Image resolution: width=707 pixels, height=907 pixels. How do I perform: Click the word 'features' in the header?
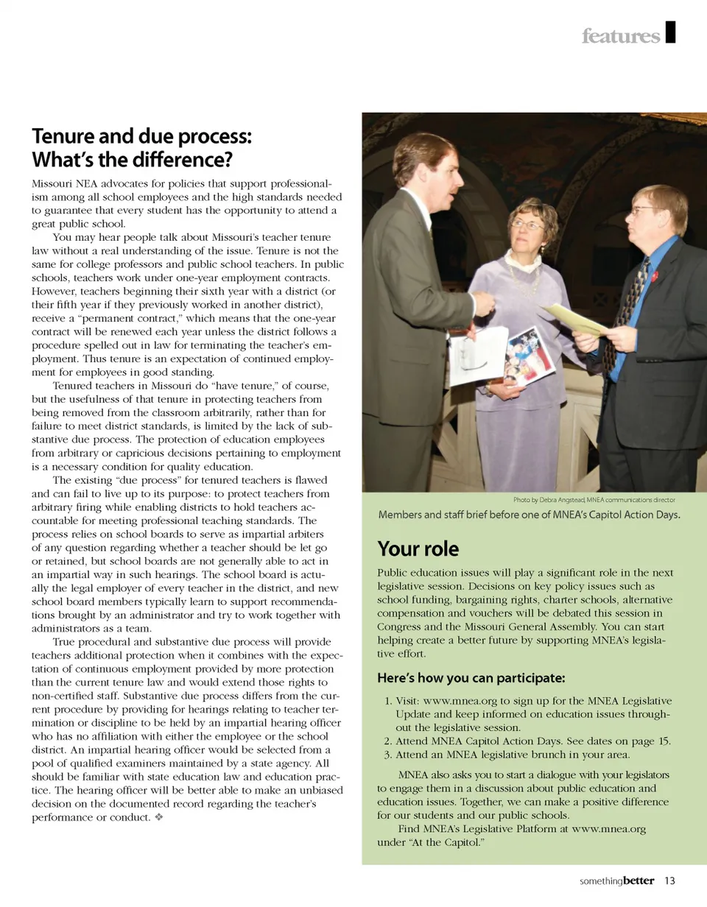620,36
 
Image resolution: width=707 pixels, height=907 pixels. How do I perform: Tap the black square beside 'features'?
670,32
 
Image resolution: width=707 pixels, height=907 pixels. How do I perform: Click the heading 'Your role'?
418,549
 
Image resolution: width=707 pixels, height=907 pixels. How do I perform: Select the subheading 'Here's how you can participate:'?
471,677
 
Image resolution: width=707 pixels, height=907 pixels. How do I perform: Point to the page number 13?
669,880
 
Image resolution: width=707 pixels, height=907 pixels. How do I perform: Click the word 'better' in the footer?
638,880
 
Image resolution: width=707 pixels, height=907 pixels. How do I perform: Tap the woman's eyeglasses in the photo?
527,225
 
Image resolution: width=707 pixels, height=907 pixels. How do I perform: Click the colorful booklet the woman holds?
529,355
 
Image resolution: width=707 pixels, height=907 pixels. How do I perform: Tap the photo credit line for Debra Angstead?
594,499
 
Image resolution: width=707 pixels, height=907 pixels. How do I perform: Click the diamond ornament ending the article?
158,818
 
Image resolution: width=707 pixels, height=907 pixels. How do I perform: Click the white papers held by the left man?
477,356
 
